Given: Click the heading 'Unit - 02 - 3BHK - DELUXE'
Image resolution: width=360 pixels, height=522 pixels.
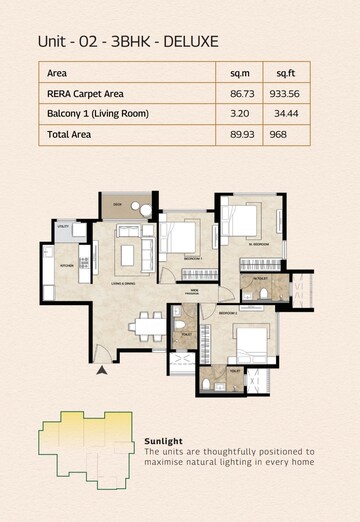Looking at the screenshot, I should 128,41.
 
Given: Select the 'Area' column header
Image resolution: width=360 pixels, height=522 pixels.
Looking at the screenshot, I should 57,73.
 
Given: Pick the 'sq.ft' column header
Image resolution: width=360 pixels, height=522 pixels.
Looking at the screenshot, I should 285,73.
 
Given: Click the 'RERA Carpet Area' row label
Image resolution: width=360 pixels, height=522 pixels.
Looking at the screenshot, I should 84,93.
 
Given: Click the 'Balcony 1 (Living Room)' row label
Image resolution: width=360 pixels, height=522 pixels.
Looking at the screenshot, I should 97,114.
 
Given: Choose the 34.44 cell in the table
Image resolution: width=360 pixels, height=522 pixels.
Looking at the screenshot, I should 285,114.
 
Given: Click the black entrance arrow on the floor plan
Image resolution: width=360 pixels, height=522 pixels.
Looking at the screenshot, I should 101,371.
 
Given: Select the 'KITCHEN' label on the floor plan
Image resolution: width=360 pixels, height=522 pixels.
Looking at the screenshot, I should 67,266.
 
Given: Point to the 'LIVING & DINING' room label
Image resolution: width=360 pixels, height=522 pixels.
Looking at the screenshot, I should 125,284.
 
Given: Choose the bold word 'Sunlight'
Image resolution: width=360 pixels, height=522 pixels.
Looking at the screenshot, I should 162,441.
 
